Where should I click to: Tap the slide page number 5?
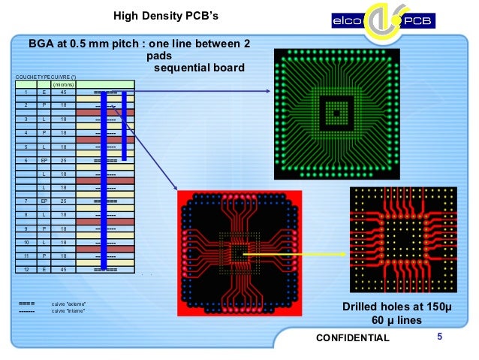point(440,337)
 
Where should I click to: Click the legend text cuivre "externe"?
point(68,303)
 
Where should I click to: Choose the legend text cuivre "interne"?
point(68,310)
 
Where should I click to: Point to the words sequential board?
point(199,68)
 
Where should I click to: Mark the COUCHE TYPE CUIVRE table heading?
point(47,77)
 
